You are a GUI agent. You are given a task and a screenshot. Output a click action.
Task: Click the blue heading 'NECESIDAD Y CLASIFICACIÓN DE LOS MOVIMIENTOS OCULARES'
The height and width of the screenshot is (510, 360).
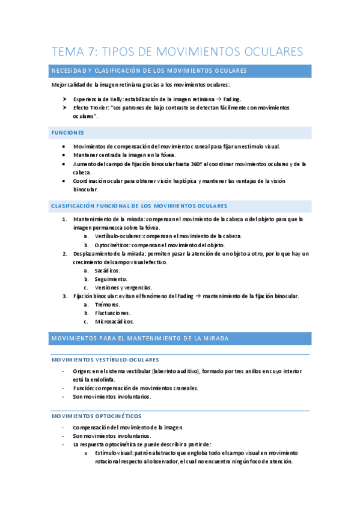point(149,71)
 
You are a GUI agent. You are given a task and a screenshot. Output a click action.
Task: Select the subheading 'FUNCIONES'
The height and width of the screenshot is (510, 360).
point(68,132)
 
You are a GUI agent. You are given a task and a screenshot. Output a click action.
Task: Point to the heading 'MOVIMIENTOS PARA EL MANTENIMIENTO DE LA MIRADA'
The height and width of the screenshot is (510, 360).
point(140,339)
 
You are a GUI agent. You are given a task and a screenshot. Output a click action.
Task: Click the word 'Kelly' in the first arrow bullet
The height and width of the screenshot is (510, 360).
point(117,99)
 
